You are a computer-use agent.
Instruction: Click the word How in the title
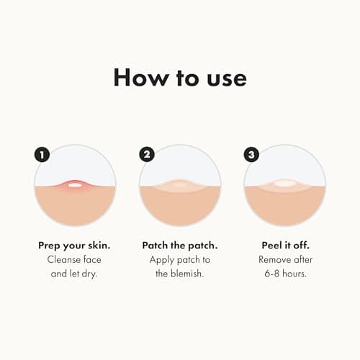coord(141,77)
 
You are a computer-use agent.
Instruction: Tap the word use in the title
coord(227,79)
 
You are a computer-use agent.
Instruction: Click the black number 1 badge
coord(42,155)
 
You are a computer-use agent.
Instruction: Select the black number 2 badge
coord(147,154)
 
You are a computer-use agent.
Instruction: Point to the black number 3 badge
coord(251,154)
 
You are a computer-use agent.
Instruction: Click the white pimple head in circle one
coord(74,185)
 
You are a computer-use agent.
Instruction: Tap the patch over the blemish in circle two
coord(180,185)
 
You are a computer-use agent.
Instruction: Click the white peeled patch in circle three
coord(285,184)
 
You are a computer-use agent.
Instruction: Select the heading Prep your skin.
coord(74,246)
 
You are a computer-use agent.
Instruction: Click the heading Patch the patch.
coord(180,246)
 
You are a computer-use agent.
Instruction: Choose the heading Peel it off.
coord(285,246)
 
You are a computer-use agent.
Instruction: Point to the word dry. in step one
coord(90,274)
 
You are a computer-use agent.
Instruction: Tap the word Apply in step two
coord(162,261)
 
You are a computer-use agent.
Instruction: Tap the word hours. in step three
coord(294,274)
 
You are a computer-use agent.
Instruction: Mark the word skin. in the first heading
coord(99,246)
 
